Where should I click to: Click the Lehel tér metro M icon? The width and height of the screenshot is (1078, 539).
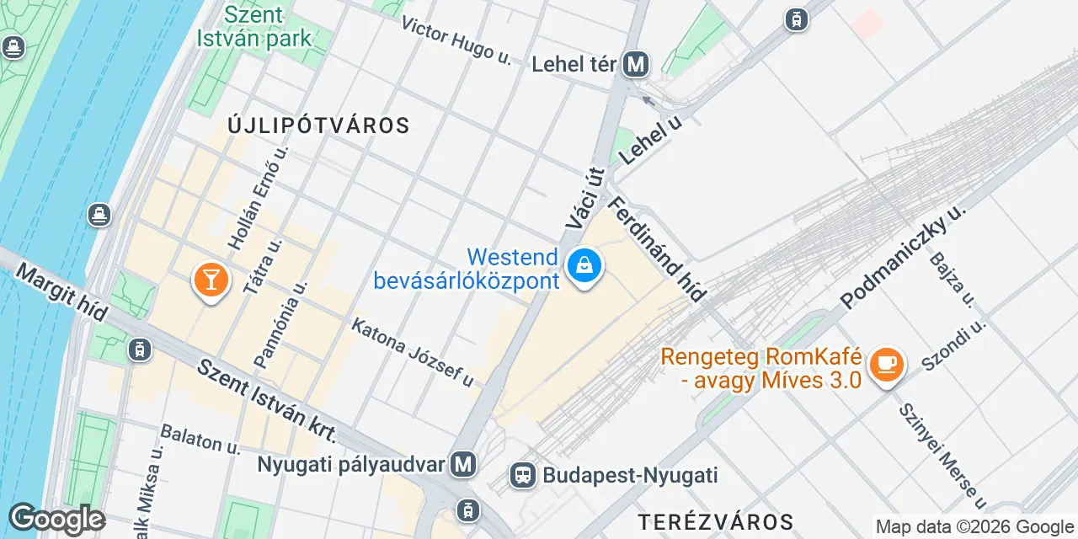(636, 64)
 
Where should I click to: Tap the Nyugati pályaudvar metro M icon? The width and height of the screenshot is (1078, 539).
(462, 463)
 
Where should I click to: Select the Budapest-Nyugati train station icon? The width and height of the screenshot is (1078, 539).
(523, 475)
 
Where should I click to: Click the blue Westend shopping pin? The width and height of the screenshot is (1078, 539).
(584, 266)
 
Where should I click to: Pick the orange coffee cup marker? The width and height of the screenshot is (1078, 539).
(886, 364)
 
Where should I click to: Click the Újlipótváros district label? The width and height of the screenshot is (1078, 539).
(318, 126)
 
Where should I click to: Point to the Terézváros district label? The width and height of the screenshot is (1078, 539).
(715, 520)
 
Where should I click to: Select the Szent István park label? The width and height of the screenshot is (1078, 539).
(253, 26)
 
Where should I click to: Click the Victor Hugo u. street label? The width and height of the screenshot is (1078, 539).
(456, 39)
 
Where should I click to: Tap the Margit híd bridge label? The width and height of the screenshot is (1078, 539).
(61, 291)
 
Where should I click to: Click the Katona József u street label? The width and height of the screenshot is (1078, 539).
(413, 352)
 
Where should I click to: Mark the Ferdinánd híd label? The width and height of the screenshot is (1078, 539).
(657, 248)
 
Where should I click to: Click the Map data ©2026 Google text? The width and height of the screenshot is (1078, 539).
(974, 527)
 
